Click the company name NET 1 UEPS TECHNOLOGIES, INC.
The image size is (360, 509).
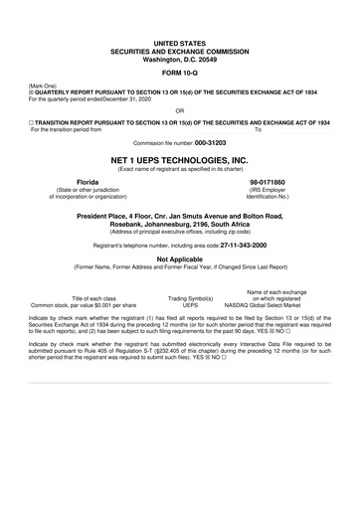pyautogui.click(x=179, y=159)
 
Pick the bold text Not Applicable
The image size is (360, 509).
pyautogui.click(x=179, y=257)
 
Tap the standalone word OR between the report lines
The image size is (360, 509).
pyautogui.click(x=179, y=110)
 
